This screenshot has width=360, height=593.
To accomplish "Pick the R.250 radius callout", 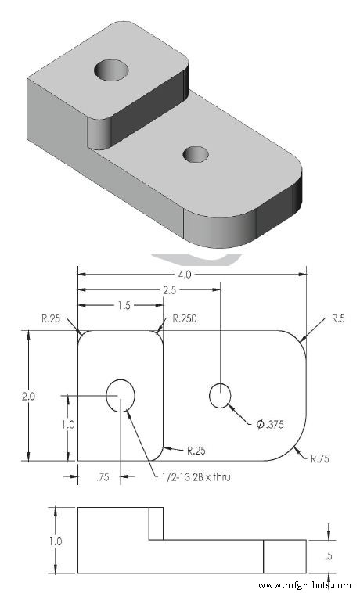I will (185, 319).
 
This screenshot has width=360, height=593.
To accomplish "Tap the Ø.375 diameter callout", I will (270, 425).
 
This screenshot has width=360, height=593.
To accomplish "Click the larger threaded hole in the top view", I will (121, 393).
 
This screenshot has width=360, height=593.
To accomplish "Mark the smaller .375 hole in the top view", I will (221, 396).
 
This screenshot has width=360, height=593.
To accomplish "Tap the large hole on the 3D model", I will (112, 71).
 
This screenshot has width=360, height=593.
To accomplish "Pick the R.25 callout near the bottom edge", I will (196, 451).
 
